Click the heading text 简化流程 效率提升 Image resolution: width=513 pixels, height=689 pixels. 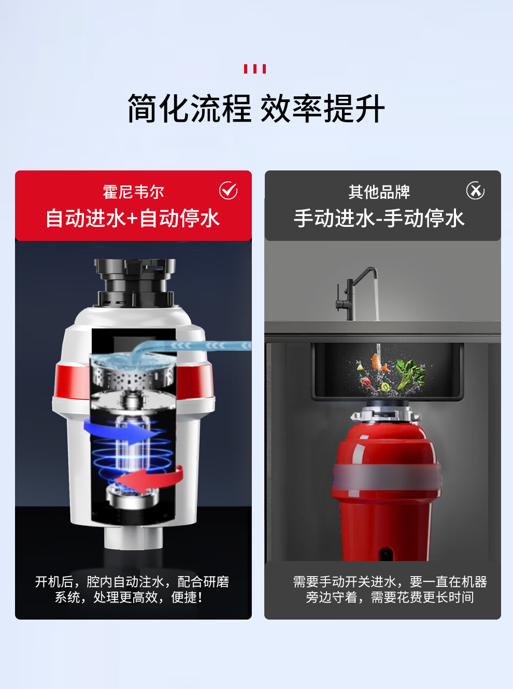[x=256, y=108]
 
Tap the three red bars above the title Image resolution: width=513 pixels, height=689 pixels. [x=255, y=69]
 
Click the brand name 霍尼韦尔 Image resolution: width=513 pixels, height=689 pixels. [x=133, y=192]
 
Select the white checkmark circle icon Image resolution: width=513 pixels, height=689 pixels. [x=229, y=191]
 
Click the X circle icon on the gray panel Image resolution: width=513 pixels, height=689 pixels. [x=475, y=191]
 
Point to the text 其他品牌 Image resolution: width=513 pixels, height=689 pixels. [x=379, y=192]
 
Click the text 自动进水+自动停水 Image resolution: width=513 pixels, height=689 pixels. [x=133, y=219]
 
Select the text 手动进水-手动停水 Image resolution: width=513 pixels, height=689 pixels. [x=379, y=219]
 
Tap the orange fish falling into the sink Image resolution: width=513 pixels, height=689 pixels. [x=378, y=362]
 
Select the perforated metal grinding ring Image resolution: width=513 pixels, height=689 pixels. [x=132, y=377]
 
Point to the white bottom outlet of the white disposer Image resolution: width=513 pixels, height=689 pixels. [x=133, y=538]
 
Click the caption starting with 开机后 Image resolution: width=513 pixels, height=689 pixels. [x=132, y=590]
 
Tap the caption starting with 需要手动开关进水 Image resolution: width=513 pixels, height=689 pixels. [x=390, y=590]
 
